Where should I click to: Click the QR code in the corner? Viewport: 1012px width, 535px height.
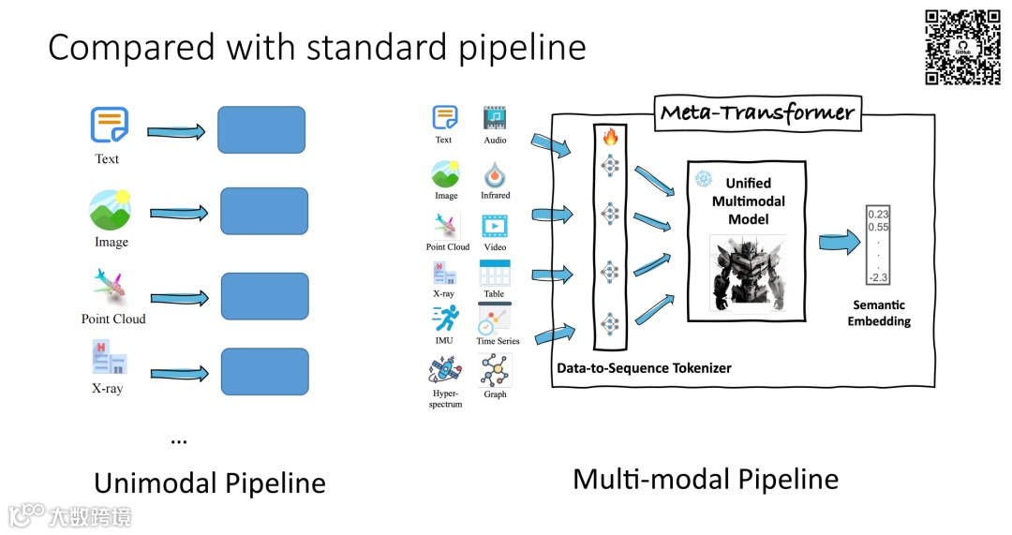(x=962, y=47)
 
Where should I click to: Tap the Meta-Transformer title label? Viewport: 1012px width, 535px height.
(x=757, y=113)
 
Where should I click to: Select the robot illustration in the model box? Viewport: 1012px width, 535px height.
(x=747, y=272)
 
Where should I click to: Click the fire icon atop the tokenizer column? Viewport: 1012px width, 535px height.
(x=610, y=138)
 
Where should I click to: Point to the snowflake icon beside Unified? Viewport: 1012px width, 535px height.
(x=702, y=178)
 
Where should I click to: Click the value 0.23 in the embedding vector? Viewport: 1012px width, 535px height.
(x=878, y=214)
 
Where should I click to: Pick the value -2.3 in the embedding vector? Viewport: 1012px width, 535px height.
(x=878, y=276)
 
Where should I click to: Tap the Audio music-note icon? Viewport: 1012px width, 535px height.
(x=495, y=118)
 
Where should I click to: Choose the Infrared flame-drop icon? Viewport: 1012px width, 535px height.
(x=495, y=174)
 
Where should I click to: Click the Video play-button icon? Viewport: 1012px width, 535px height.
(x=495, y=227)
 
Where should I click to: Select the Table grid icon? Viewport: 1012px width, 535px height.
(x=494, y=274)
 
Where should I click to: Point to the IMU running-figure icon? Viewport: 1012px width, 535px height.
(x=445, y=319)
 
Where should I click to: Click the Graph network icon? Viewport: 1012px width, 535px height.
(x=495, y=372)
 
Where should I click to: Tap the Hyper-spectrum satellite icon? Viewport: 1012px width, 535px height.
(x=444, y=372)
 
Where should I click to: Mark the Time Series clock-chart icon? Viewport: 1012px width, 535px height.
(x=494, y=319)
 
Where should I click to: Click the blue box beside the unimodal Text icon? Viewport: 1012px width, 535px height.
(x=261, y=129)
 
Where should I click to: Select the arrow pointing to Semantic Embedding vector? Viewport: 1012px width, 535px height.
(x=840, y=244)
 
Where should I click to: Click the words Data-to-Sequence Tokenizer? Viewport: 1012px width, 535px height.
(x=644, y=368)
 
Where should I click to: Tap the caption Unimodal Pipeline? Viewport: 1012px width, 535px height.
(x=210, y=483)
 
